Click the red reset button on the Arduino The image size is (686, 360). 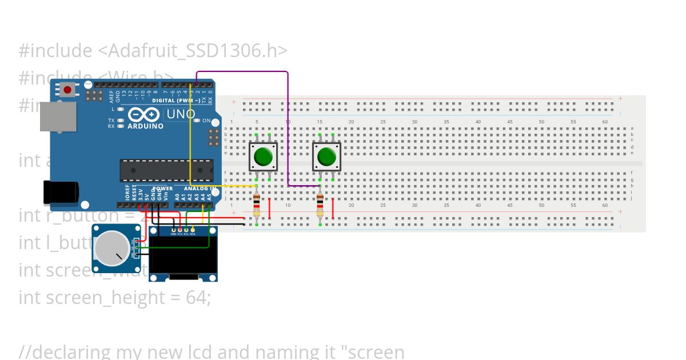[x=68, y=90]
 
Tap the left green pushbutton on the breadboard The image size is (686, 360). [x=263, y=156]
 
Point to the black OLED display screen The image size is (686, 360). [x=183, y=253]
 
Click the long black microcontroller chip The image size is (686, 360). [x=166, y=170]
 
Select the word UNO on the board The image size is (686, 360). [x=180, y=114]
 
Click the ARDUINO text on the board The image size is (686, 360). [x=145, y=126]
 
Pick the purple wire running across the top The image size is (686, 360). [x=240, y=72]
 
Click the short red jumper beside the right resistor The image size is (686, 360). [x=333, y=208]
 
